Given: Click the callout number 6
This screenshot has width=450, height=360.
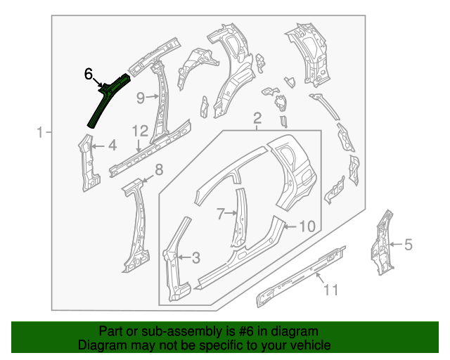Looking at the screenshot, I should click(88, 73).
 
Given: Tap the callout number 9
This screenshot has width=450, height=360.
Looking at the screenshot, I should click(140, 97).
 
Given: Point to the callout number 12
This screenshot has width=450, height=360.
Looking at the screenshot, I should click(139, 131).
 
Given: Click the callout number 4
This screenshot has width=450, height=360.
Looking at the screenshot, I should click(112, 146).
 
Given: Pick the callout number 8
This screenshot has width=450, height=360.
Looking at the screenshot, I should click(158, 169).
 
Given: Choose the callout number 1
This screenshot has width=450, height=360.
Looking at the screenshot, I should click(40, 131).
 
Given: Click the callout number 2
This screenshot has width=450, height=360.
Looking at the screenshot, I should click(257, 117).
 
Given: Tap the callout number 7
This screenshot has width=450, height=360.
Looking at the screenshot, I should click(220, 212).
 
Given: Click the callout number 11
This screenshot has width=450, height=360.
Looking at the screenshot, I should click(330, 289).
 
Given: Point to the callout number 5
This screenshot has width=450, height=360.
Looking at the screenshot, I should click(409, 245).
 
